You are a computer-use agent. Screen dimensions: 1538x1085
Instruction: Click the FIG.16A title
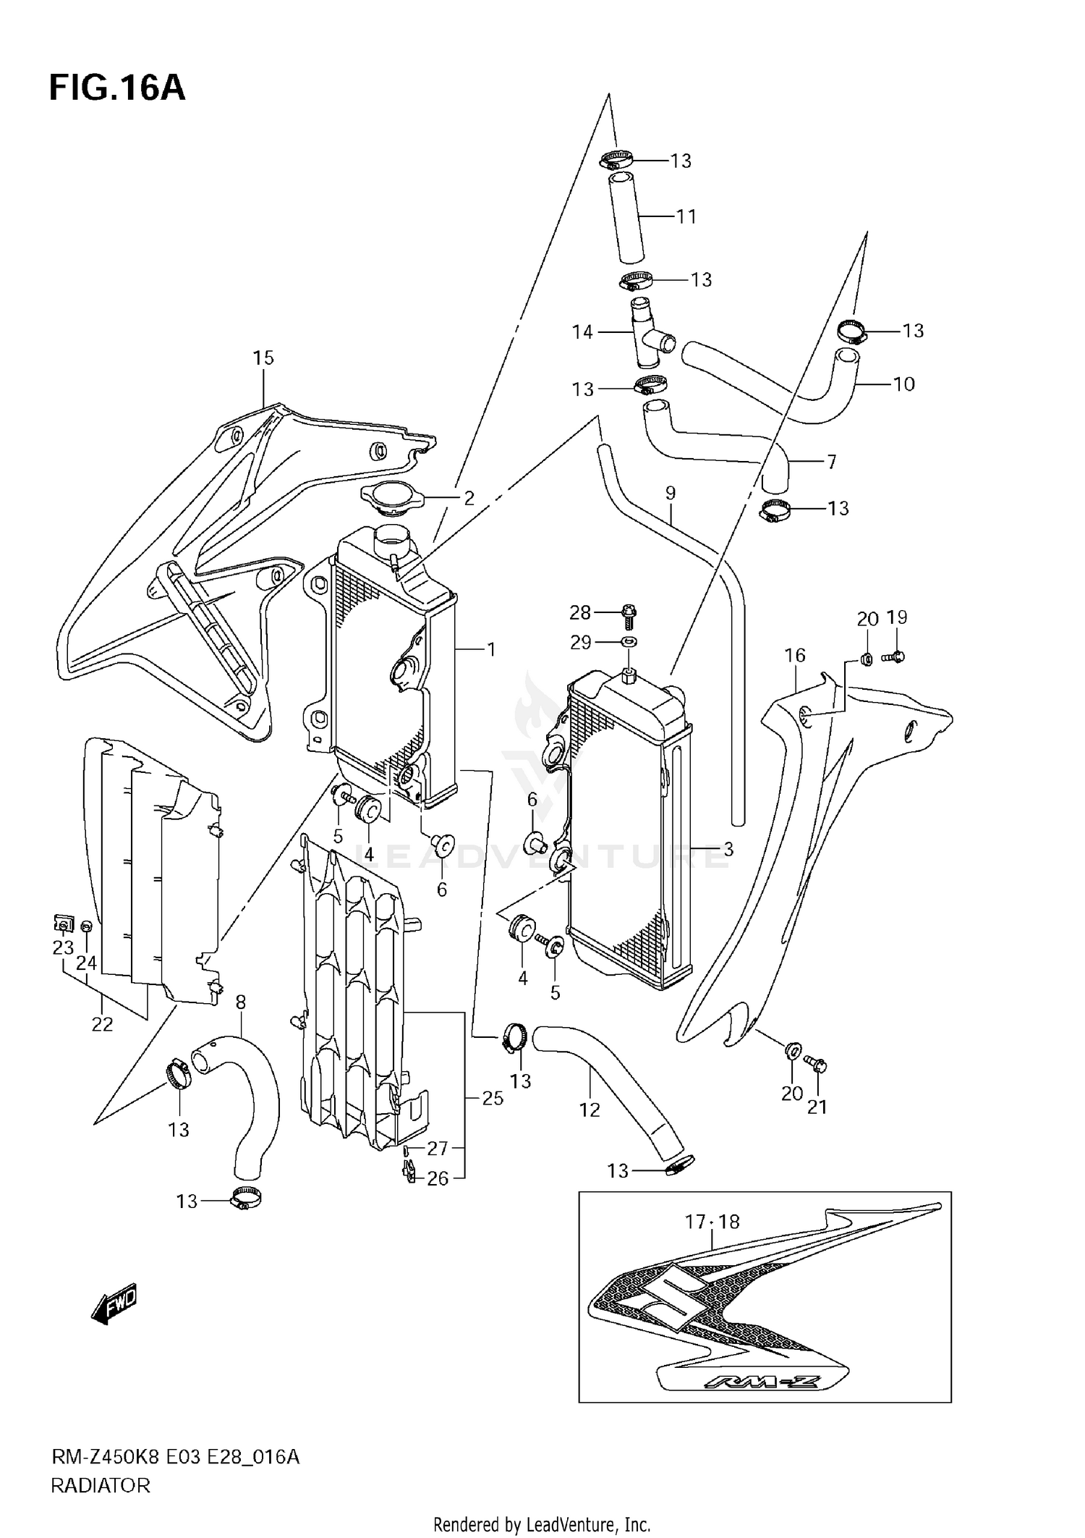pos(117,88)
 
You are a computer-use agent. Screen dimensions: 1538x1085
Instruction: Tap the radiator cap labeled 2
pos(390,498)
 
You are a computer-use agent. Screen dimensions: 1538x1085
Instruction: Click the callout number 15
pos(263,358)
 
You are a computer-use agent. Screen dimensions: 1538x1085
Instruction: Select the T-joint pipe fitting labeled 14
pos(646,331)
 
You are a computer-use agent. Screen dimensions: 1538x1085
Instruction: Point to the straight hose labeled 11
pos(626,217)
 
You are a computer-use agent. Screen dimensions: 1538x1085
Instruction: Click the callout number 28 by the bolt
pos(580,613)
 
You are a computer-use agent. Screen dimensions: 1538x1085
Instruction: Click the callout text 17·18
pos(712,1222)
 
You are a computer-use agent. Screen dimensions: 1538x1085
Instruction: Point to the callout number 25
pos(493,1098)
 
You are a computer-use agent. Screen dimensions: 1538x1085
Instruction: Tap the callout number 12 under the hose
pos(590,1110)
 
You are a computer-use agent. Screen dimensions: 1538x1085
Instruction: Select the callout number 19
pos(897,617)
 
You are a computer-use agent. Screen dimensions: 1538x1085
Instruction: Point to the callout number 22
pos(102,1024)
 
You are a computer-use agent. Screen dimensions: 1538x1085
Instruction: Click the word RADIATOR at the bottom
pos(101,1486)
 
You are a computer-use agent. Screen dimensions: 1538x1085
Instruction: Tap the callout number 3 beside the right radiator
pos(728,849)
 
